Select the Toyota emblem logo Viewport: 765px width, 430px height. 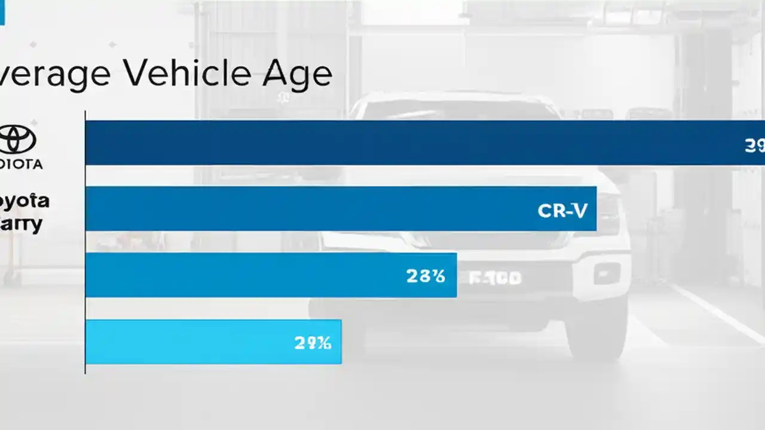click(17, 140)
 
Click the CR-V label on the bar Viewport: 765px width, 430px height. click(562, 210)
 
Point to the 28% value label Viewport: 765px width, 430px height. click(426, 275)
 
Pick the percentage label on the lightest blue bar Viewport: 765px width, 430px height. click(313, 343)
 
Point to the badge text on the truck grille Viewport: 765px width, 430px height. click(495, 278)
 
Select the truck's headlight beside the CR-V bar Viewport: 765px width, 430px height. click(608, 213)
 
